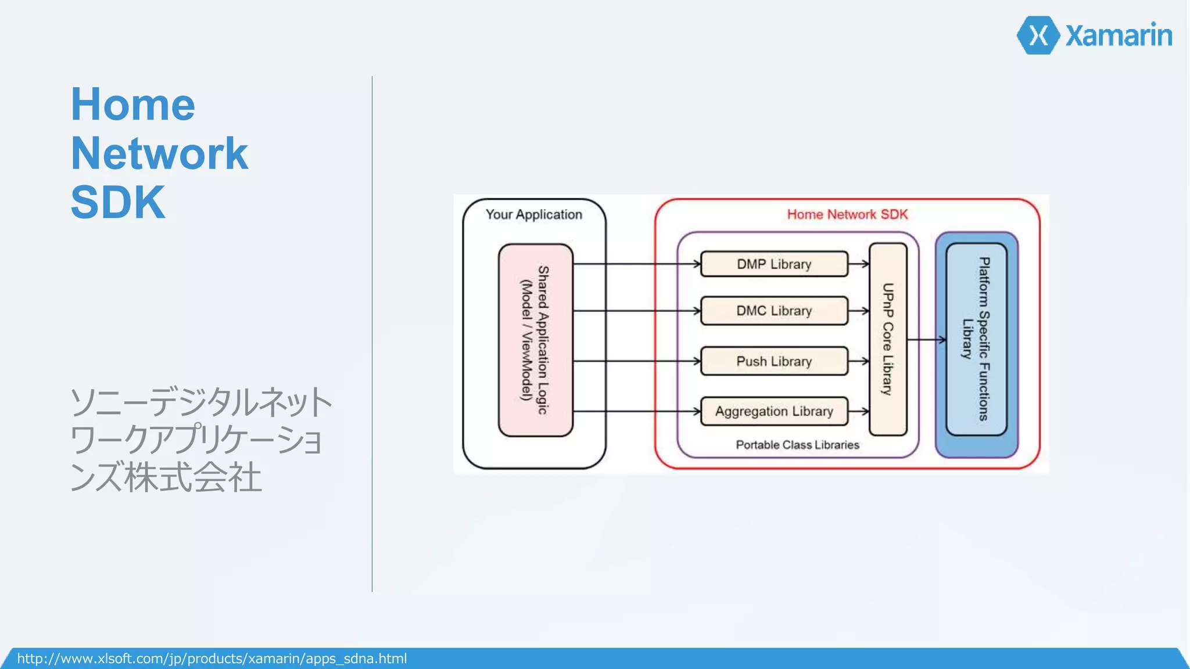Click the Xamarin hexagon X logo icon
(1038, 35)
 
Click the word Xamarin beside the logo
(1119, 35)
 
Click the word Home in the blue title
(133, 105)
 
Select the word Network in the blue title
(159, 153)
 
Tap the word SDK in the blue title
(118, 202)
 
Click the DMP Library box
(774, 264)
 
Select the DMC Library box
(774, 311)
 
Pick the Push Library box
(774, 361)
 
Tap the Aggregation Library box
(774, 411)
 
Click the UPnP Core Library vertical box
(888, 339)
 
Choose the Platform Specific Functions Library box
(976, 339)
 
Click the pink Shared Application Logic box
(535, 340)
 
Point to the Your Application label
(533, 214)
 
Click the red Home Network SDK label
(847, 214)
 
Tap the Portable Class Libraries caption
(797, 445)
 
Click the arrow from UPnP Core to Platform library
(927, 340)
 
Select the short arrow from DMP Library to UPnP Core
(859, 264)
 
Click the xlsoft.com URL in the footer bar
(212, 659)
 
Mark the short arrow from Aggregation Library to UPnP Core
(859, 411)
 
